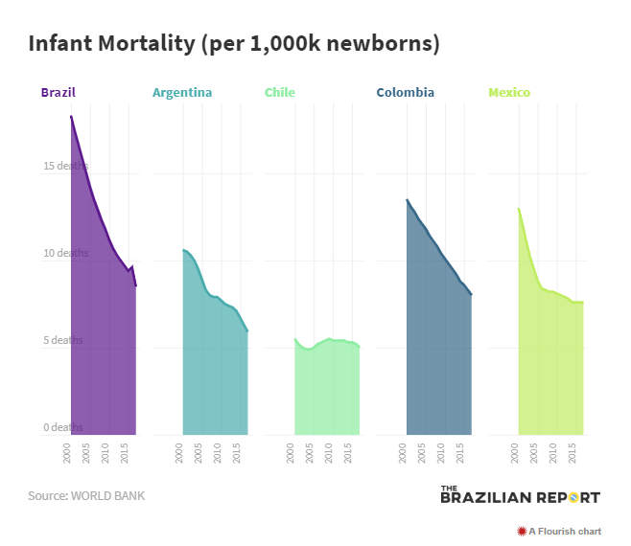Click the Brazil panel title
[x=58, y=93]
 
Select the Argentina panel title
[x=182, y=93]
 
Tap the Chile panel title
[x=280, y=93]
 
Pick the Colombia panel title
[x=405, y=93]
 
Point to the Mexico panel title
[x=509, y=93]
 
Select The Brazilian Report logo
[x=520, y=495]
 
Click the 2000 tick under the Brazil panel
[x=68, y=452]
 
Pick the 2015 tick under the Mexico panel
[x=573, y=452]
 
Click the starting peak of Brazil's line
[x=71, y=116]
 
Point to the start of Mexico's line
[x=519, y=209]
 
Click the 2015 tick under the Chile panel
[x=349, y=452]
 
